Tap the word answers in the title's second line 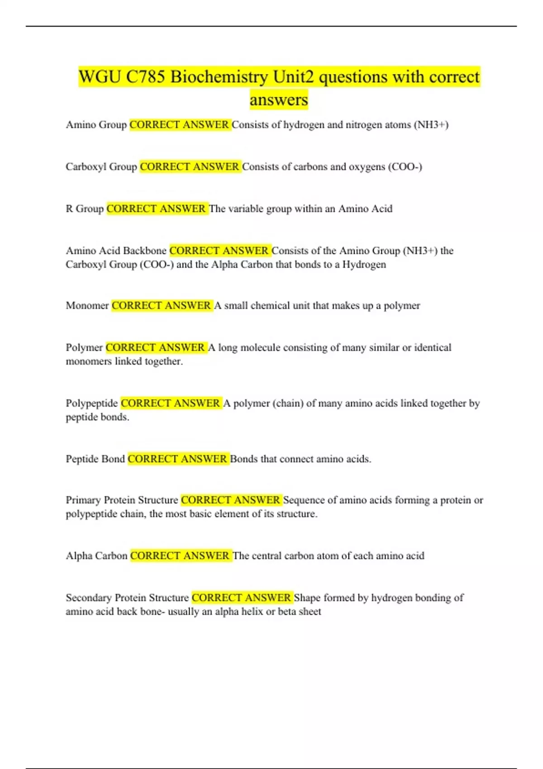[279, 100]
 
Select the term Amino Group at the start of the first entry [96, 125]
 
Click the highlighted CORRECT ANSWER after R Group [156, 209]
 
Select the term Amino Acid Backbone [116, 251]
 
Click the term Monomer [87, 306]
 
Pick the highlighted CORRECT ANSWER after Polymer [155, 347]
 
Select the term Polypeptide [91, 403]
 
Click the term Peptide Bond [95, 459]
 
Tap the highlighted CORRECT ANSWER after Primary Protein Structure [230, 500]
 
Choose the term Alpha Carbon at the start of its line [96, 556]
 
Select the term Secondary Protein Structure [127, 598]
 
